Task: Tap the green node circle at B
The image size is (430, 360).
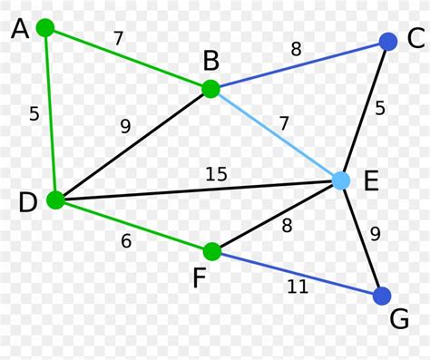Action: click(x=210, y=89)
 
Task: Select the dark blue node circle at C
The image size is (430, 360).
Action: click(x=388, y=41)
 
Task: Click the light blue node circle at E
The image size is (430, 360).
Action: click(x=341, y=181)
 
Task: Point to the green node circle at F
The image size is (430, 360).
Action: click(x=212, y=251)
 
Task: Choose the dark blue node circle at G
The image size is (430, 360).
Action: click(x=382, y=296)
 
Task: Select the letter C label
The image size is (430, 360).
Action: click(x=415, y=38)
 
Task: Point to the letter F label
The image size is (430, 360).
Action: click(x=200, y=277)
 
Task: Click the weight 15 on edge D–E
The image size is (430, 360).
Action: click(x=216, y=174)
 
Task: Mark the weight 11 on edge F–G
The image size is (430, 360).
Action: click(x=298, y=287)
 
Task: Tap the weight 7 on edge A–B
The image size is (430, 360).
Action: click(x=118, y=38)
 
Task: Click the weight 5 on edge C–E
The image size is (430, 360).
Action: click(x=379, y=108)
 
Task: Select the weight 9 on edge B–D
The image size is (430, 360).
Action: click(x=125, y=127)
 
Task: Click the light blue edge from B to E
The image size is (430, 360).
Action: click(x=276, y=135)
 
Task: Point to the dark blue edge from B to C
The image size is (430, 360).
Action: click(x=299, y=65)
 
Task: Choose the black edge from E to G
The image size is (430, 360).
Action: click(x=361, y=238)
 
